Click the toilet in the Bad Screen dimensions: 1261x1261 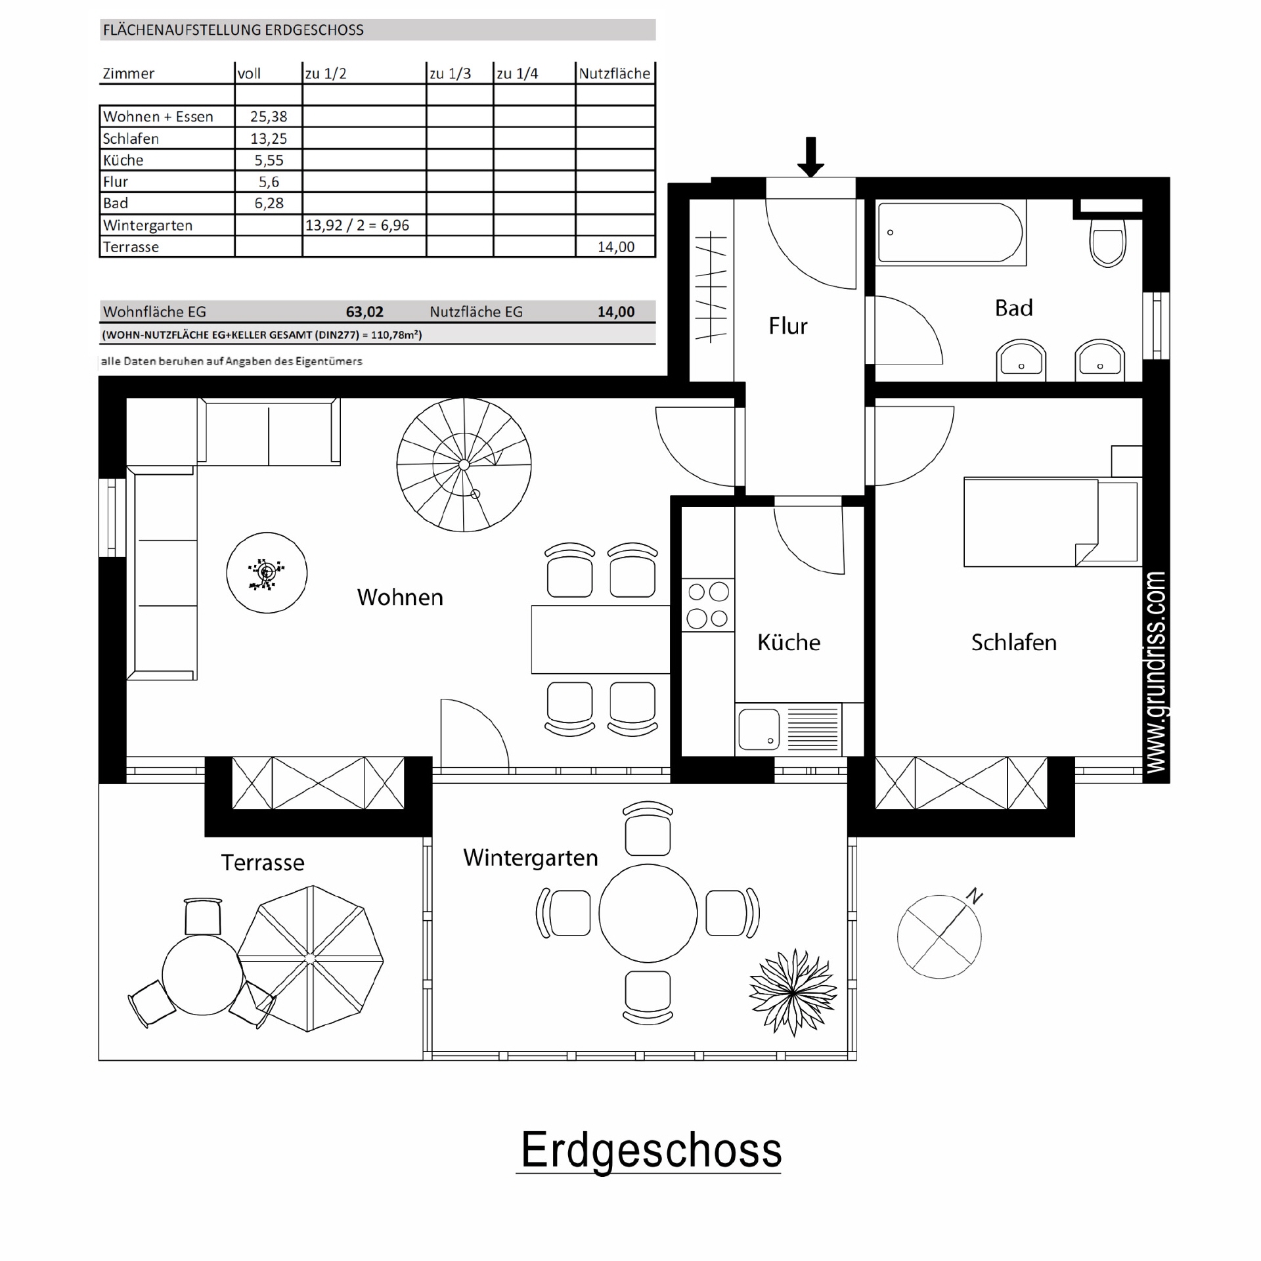coord(1107,242)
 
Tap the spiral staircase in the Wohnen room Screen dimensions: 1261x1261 coord(464,465)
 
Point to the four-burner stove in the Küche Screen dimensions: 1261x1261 coord(708,605)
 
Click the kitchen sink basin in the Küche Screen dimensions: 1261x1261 coord(759,729)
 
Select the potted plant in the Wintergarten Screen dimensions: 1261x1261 coord(793,992)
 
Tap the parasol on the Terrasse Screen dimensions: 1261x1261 coord(310,959)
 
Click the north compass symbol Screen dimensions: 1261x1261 coord(940,937)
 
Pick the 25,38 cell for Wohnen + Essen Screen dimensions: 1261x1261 coord(269,117)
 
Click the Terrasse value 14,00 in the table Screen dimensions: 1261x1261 coord(615,247)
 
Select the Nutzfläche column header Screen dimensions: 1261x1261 coord(614,74)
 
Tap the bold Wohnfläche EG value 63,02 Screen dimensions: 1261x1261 coord(365,312)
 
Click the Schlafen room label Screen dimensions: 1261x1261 coord(1013,642)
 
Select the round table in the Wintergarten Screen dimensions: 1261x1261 coord(648,913)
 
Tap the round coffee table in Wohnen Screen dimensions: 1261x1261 coord(267,573)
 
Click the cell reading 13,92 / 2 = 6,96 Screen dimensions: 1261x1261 coord(357,225)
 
